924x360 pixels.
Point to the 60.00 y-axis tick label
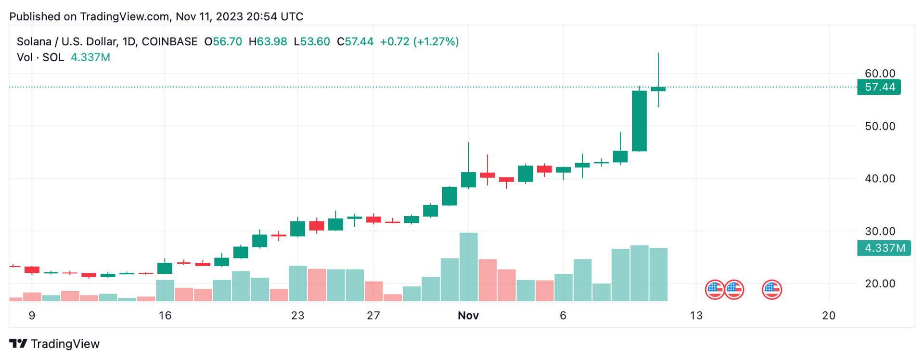[880, 74]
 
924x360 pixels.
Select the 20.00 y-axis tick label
[880, 283]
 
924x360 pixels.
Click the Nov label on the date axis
[468, 316]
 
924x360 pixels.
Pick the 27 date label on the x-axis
[373, 316]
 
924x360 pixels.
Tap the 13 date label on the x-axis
[696, 316]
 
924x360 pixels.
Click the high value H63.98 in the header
[268, 42]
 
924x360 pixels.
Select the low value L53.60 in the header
[312, 42]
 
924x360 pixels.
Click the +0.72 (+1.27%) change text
[419, 42]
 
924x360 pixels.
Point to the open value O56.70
[223, 42]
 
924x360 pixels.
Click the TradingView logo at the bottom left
[54, 344]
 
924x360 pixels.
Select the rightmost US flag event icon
[771, 290]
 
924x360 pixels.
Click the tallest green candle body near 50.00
[639, 121]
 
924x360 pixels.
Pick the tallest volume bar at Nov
[468, 267]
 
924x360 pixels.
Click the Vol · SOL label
[40, 58]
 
